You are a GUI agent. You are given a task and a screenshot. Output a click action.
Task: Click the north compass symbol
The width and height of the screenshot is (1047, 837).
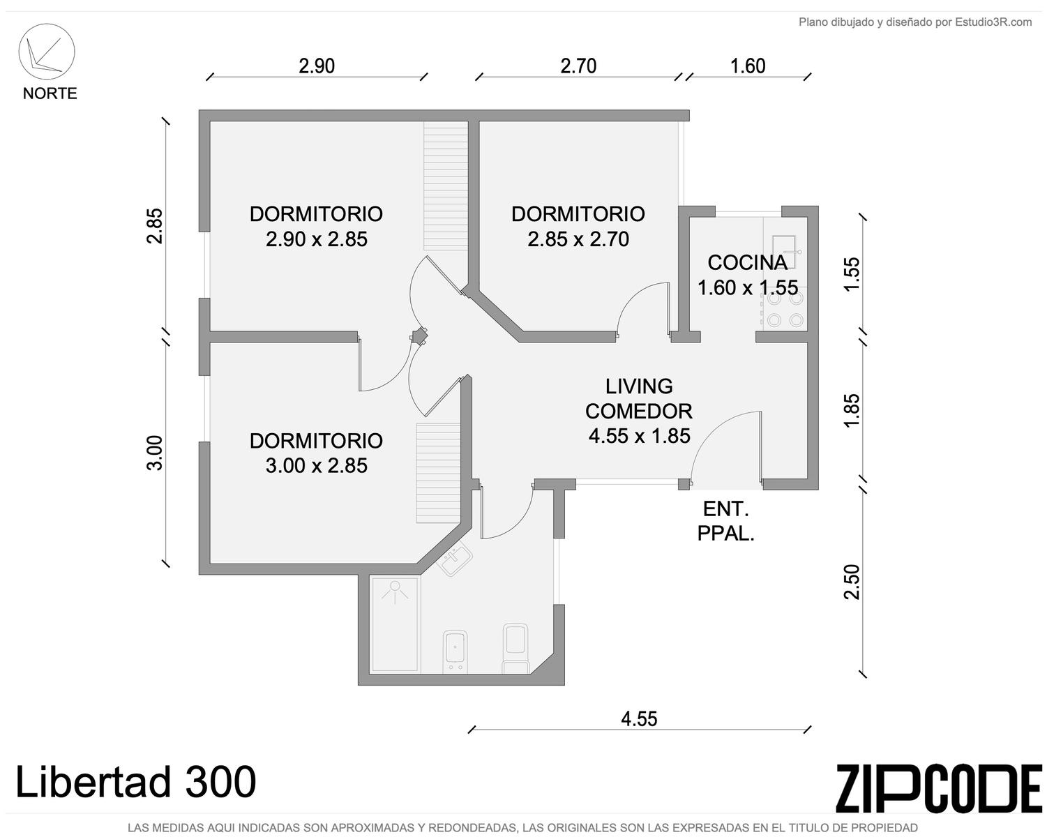click(47, 52)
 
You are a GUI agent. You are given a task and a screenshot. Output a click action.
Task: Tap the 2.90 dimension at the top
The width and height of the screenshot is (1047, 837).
click(317, 66)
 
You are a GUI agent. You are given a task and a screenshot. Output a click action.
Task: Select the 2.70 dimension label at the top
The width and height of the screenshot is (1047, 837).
click(578, 66)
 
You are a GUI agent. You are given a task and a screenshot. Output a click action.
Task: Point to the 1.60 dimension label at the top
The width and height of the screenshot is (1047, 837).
click(748, 66)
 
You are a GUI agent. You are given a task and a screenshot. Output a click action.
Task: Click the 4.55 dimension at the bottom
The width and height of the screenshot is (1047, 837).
click(639, 719)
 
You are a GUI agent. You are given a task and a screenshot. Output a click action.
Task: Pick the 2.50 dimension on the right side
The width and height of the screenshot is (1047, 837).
click(852, 582)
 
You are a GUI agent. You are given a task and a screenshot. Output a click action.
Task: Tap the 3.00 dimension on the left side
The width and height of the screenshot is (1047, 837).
click(154, 453)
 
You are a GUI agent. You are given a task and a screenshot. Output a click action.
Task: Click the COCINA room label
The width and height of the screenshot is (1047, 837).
click(748, 263)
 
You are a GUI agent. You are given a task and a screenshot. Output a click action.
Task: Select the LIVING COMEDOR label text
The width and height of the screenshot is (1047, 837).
click(639, 399)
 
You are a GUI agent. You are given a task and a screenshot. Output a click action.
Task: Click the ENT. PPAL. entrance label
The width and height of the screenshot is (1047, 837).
click(726, 522)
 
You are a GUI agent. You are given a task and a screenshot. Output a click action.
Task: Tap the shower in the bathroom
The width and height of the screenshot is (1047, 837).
click(395, 624)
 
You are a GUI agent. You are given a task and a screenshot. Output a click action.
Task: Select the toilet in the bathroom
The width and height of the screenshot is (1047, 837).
click(515, 648)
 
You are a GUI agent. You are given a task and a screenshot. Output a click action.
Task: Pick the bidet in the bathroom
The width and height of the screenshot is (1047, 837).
click(455, 652)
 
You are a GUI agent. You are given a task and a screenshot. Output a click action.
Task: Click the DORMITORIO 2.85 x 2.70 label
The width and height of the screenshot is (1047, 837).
click(578, 226)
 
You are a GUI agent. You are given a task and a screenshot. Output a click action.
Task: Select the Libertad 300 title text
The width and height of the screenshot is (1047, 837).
click(136, 782)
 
